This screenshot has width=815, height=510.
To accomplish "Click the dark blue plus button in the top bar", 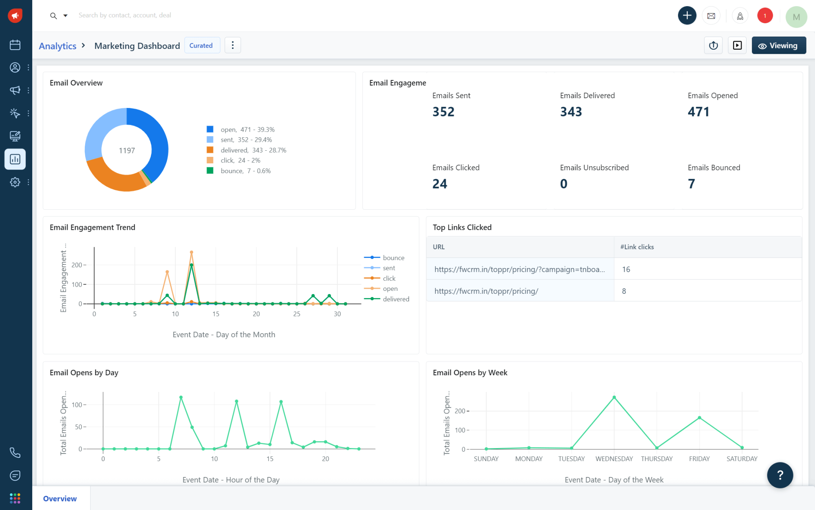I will click(687, 15).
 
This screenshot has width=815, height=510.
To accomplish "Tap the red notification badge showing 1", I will click(765, 16).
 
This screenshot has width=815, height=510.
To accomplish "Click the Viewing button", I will click(778, 46).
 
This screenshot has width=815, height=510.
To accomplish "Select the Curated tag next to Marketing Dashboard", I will click(201, 46).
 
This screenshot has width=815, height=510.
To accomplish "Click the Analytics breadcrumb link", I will click(57, 46).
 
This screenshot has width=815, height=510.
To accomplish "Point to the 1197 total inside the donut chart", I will click(127, 151).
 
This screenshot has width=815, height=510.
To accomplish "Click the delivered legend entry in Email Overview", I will click(253, 150).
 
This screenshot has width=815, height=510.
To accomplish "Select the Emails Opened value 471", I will click(698, 112).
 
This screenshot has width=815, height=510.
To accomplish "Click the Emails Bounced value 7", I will click(692, 184).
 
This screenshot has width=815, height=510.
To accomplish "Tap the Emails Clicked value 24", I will click(440, 184).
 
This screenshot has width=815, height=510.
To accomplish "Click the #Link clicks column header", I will click(637, 247).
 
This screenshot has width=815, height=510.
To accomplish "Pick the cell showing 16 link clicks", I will click(626, 269).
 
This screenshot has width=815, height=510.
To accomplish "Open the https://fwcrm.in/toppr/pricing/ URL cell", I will click(486, 291).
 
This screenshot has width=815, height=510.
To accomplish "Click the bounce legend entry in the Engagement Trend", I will click(393, 258).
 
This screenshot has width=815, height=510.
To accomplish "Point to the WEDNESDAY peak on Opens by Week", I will click(614, 397).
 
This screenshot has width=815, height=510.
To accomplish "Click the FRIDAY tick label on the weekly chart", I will click(699, 459).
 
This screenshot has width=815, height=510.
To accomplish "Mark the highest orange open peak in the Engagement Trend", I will click(192, 252).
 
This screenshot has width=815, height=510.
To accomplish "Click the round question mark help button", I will click(780, 475).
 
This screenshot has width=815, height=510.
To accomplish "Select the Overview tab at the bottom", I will click(60, 499).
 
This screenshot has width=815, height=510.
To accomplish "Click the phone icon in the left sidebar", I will click(15, 453).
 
